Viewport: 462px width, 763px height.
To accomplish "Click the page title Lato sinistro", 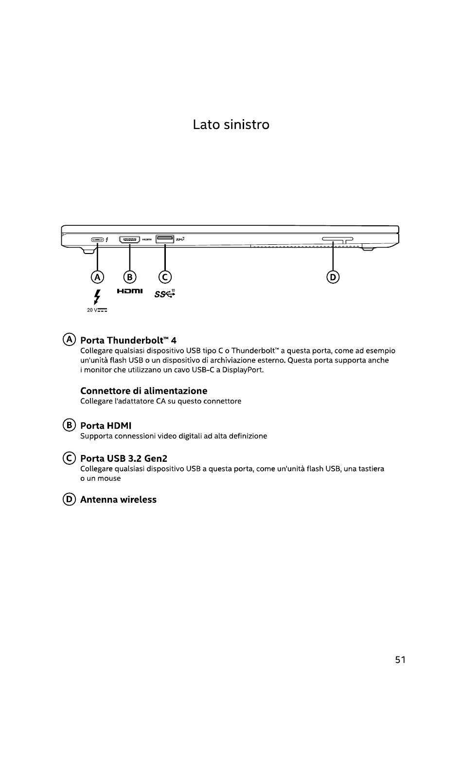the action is point(231,125).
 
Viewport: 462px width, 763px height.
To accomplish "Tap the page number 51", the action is point(400,660).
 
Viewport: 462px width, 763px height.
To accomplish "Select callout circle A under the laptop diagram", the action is point(97,277).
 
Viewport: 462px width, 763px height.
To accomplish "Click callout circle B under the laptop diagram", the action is point(129,277).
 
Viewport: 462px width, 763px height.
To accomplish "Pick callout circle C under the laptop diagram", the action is point(165,277).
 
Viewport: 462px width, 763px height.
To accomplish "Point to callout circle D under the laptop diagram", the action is point(333,277).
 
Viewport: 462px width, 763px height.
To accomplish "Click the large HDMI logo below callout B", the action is point(130,291).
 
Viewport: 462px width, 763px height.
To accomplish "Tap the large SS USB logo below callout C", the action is point(165,293).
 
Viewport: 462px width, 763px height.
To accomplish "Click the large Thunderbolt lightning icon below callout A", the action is point(97,297).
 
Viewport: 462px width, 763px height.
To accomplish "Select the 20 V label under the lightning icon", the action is point(97,310).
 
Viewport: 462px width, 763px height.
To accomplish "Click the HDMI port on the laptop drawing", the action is point(129,239).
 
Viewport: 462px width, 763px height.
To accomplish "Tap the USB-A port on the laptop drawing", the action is point(165,239).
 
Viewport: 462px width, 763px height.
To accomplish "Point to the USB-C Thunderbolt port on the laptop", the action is point(97,240).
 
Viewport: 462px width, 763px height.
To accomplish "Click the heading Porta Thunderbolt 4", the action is point(128,340).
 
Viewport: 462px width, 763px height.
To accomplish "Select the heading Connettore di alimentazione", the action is point(143,391).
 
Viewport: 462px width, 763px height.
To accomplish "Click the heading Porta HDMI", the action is point(106,425).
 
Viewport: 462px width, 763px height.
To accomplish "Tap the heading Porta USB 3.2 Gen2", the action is point(124,458).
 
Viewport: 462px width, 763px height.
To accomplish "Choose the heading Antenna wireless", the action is point(119,499).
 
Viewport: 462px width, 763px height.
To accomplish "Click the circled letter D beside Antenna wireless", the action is point(69,499).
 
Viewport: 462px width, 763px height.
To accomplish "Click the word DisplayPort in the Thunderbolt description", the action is point(243,370).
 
